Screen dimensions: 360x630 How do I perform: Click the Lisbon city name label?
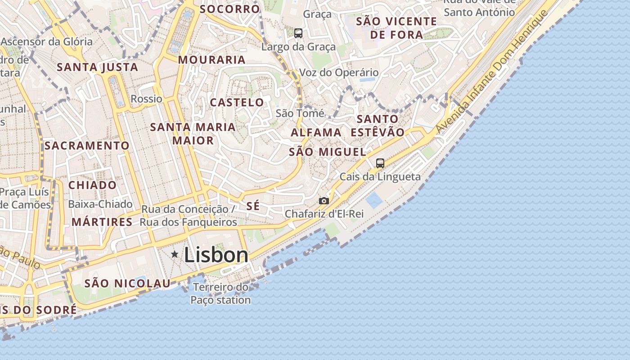[x=216, y=255]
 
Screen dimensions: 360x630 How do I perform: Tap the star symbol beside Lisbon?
[x=175, y=255]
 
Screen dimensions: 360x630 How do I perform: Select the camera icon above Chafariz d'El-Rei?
[x=324, y=201]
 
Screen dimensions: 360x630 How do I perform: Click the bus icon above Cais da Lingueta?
[x=380, y=163]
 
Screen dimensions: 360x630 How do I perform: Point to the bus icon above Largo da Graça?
[x=298, y=33]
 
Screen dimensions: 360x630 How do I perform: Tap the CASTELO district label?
[x=237, y=103]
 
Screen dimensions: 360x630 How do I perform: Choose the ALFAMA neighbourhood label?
[x=316, y=132]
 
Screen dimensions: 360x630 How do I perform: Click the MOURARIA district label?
[x=212, y=60]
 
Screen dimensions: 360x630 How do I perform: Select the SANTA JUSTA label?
[x=97, y=67]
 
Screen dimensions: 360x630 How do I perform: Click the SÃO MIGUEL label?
[x=327, y=152]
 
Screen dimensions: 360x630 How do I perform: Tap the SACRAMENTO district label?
[x=87, y=146]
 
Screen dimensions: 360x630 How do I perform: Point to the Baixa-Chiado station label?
[x=100, y=204]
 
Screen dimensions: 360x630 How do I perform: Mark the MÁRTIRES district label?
[x=102, y=222]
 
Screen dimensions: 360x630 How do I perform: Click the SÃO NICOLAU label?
[x=128, y=283]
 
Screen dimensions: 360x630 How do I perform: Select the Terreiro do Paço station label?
[x=220, y=293]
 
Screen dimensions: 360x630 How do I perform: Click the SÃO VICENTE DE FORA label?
[x=396, y=28]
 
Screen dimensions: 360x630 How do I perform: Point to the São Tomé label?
[x=300, y=113]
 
